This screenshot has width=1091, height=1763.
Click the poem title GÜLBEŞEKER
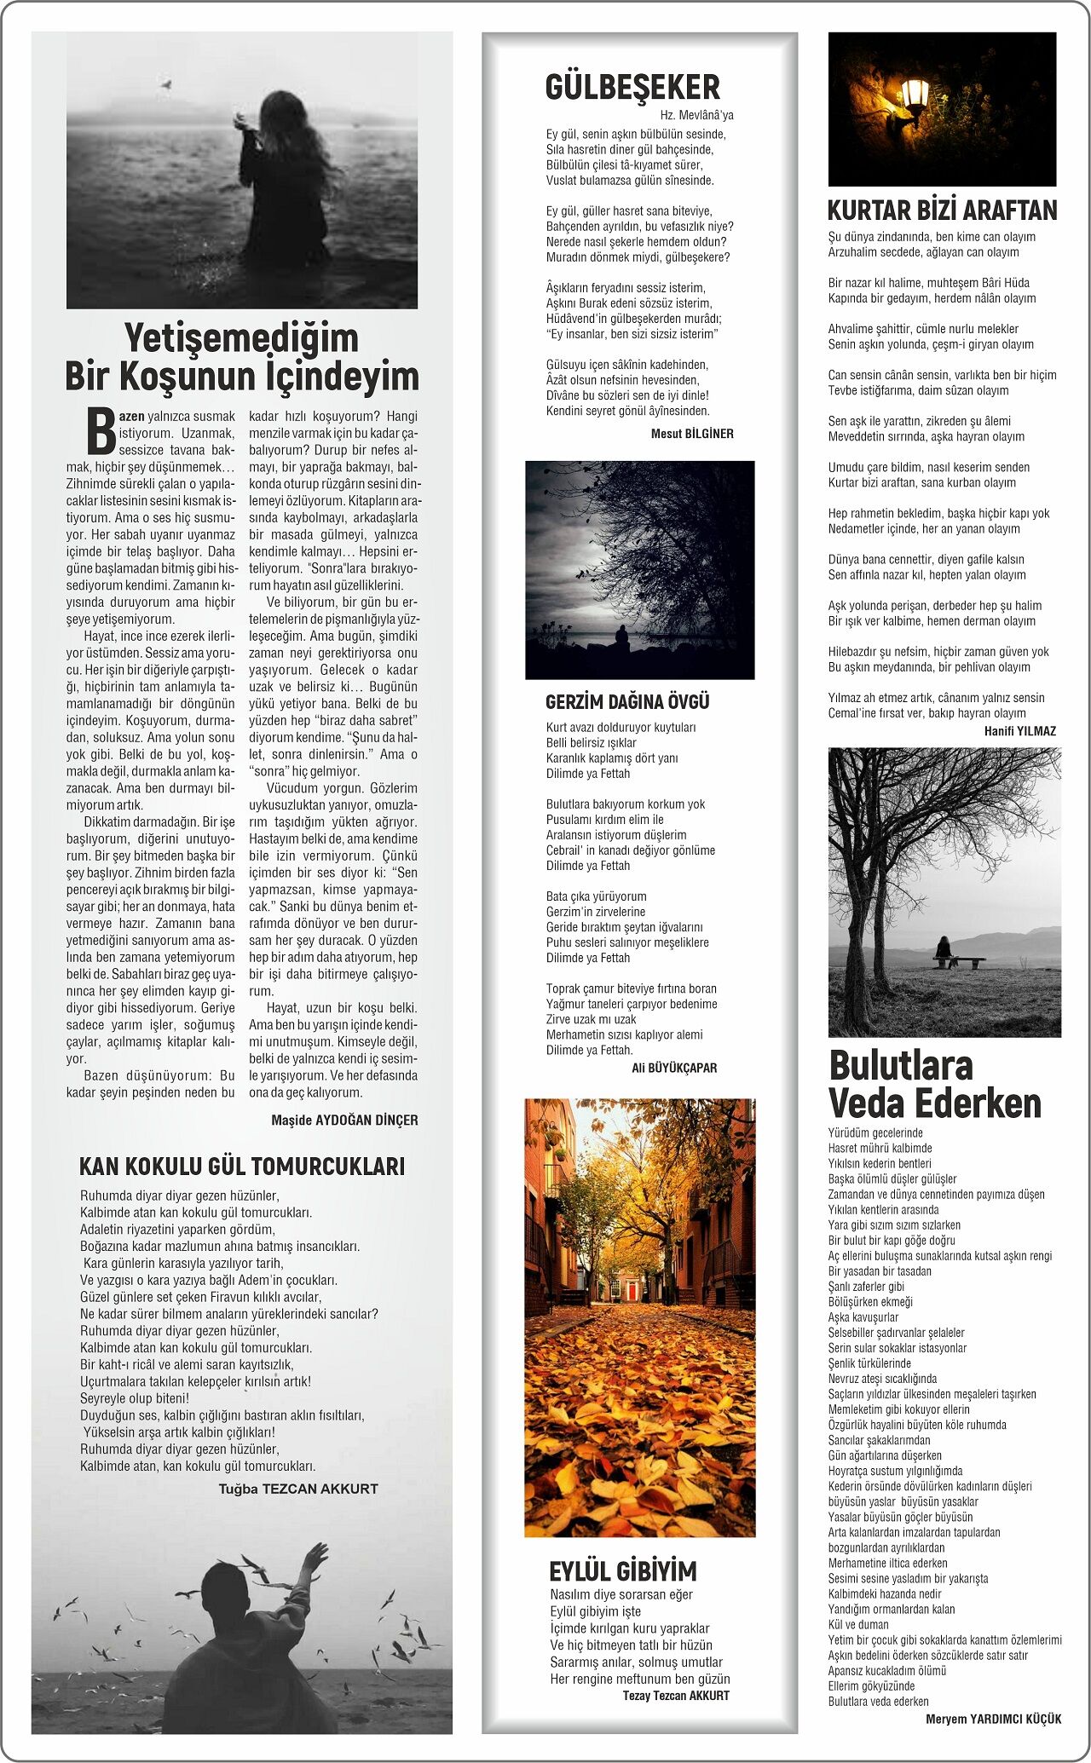pos(632,87)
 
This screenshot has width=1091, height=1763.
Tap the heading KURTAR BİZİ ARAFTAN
pos(942,210)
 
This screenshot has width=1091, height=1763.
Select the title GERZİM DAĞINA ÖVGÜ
pos(627,702)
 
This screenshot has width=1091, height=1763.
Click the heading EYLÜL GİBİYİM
pos(622,1570)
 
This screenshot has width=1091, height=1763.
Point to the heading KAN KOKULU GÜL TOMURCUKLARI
pos(242,1166)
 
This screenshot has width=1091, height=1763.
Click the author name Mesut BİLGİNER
pos(692,434)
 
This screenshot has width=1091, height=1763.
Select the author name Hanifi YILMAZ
pos(1019,731)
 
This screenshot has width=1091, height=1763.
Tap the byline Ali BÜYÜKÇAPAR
pos(674,1068)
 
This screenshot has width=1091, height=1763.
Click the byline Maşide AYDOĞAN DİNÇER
pos(344,1120)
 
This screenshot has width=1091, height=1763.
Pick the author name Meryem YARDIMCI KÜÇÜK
pos(993,1719)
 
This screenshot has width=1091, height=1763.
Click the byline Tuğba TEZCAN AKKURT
pos(298,1489)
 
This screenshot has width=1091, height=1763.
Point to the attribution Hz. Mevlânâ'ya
pos(696,115)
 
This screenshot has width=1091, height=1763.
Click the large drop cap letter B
pos(101,431)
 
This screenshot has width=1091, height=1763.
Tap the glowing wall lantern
pos(915,95)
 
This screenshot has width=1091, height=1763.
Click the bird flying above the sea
pos(167,84)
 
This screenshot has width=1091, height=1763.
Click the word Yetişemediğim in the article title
pos(241,338)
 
